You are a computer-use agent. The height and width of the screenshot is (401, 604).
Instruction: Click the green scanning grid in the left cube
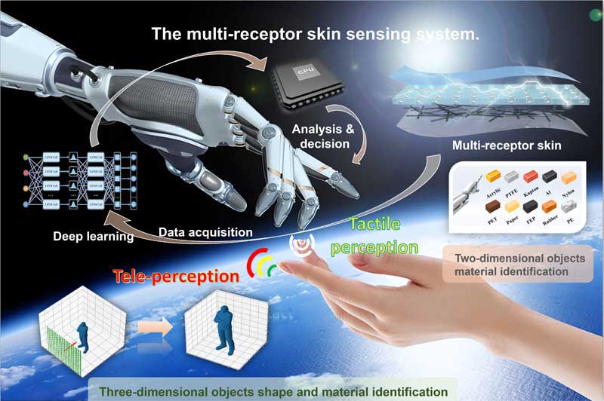57,344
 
